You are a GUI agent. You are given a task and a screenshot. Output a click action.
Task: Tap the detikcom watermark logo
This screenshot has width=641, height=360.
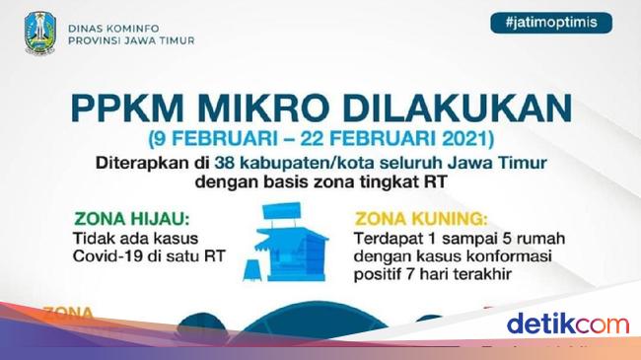click(x=567, y=324)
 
